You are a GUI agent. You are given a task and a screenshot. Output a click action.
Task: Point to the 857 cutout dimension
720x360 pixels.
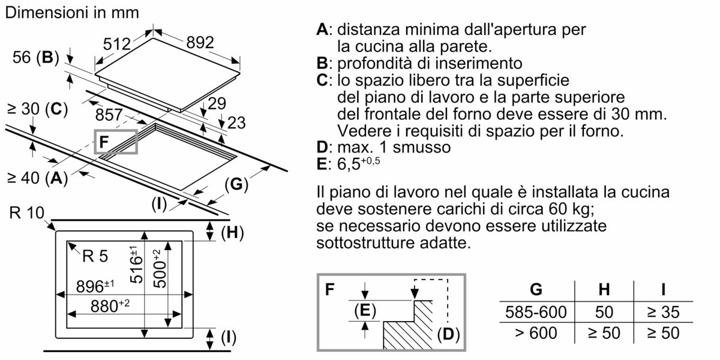109,115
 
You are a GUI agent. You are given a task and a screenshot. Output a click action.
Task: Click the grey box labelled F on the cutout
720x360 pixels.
116,142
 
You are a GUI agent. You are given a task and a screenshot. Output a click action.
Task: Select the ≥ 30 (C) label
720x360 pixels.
34,109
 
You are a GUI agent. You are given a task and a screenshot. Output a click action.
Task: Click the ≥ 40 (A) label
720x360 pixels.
34,178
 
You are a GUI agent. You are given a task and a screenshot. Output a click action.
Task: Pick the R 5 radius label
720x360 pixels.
95,257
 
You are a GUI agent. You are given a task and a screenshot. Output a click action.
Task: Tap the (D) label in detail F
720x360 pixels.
448,335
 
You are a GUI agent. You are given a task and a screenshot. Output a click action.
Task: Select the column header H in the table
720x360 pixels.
604,290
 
